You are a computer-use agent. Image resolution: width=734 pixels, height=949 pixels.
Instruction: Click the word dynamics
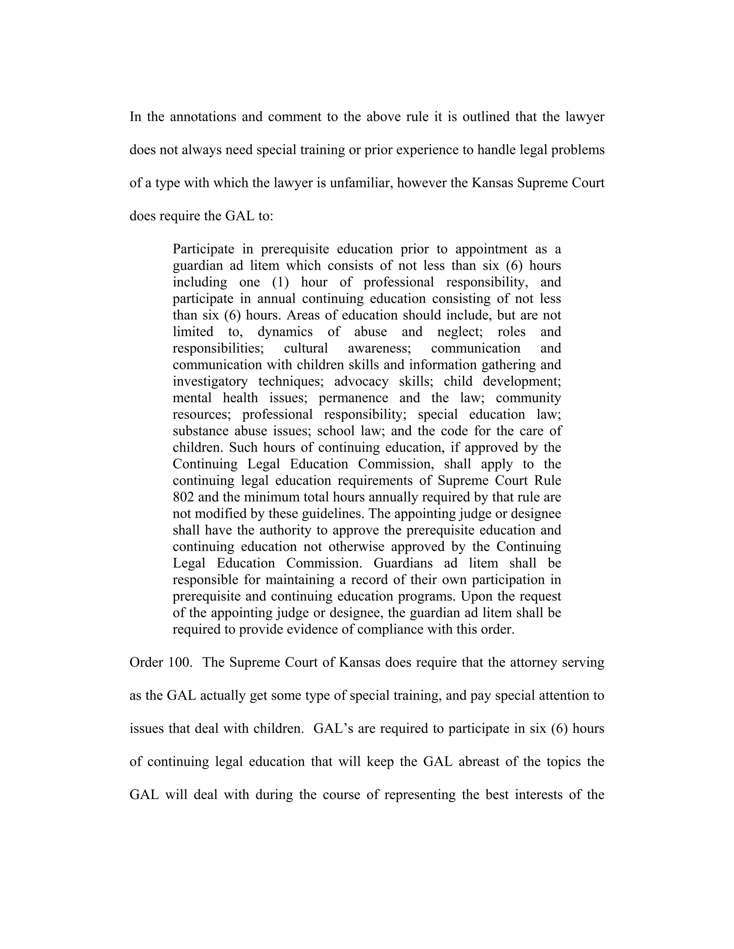click(285, 332)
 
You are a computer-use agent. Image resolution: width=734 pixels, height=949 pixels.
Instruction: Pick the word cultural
click(306, 348)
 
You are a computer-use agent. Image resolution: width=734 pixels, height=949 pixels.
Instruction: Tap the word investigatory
click(210, 381)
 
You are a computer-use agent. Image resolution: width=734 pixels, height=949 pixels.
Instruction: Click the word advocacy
click(361, 381)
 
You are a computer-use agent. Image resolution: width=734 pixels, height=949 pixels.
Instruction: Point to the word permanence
click(353, 398)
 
